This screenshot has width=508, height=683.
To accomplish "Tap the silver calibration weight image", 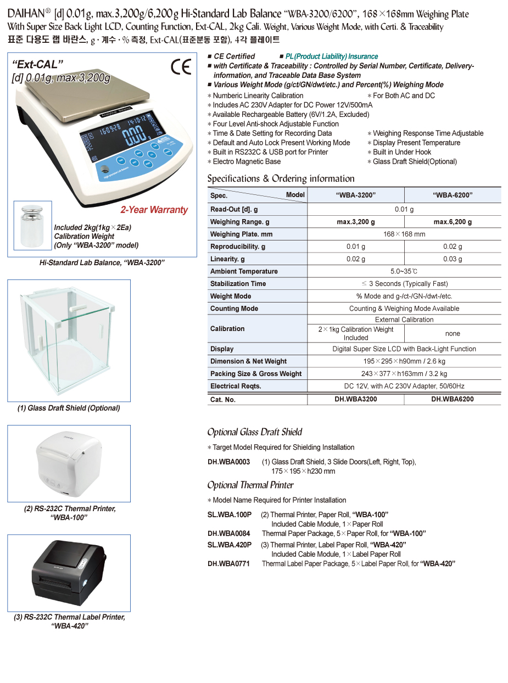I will pyautogui.click(x=32, y=225).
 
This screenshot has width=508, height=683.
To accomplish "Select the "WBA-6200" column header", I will pyautogui.click(x=453, y=195).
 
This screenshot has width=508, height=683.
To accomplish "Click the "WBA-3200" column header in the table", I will pyautogui.click(x=355, y=195).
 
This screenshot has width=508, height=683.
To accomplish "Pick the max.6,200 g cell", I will pyautogui.click(x=453, y=222).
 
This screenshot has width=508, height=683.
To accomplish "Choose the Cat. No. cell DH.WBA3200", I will pyautogui.click(x=355, y=399).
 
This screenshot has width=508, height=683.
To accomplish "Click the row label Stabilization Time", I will pyautogui.click(x=238, y=284).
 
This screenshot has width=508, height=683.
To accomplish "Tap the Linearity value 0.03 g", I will pyautogui.click(x=453, y=259).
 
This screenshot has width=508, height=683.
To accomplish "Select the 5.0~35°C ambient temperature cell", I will pyautogui.click(x=404, y=271).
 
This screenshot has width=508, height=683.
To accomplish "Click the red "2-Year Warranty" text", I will pyautogui.click(x=154, y=210).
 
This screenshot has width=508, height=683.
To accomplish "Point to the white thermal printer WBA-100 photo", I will pyautogui.click(x=69, y=463).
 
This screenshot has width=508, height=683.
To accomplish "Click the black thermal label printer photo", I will pyautogui.click(x=69, y=573).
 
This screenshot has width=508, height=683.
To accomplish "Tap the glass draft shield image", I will pyautogui.click(x=69, y=340).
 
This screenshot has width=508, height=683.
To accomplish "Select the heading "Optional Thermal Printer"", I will pyautogui.click(x=250, y=485).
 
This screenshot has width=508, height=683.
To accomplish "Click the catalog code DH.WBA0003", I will pyautogui.click(x=228, y=462).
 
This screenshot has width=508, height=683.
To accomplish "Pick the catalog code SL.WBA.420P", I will pyautogui.click(x=230, y=545).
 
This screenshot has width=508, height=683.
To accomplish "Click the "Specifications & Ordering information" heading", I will pyautogui.click(x=281, y=178).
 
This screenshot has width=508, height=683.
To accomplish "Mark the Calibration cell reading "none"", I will pyautogui.click(x=453, y=333).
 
